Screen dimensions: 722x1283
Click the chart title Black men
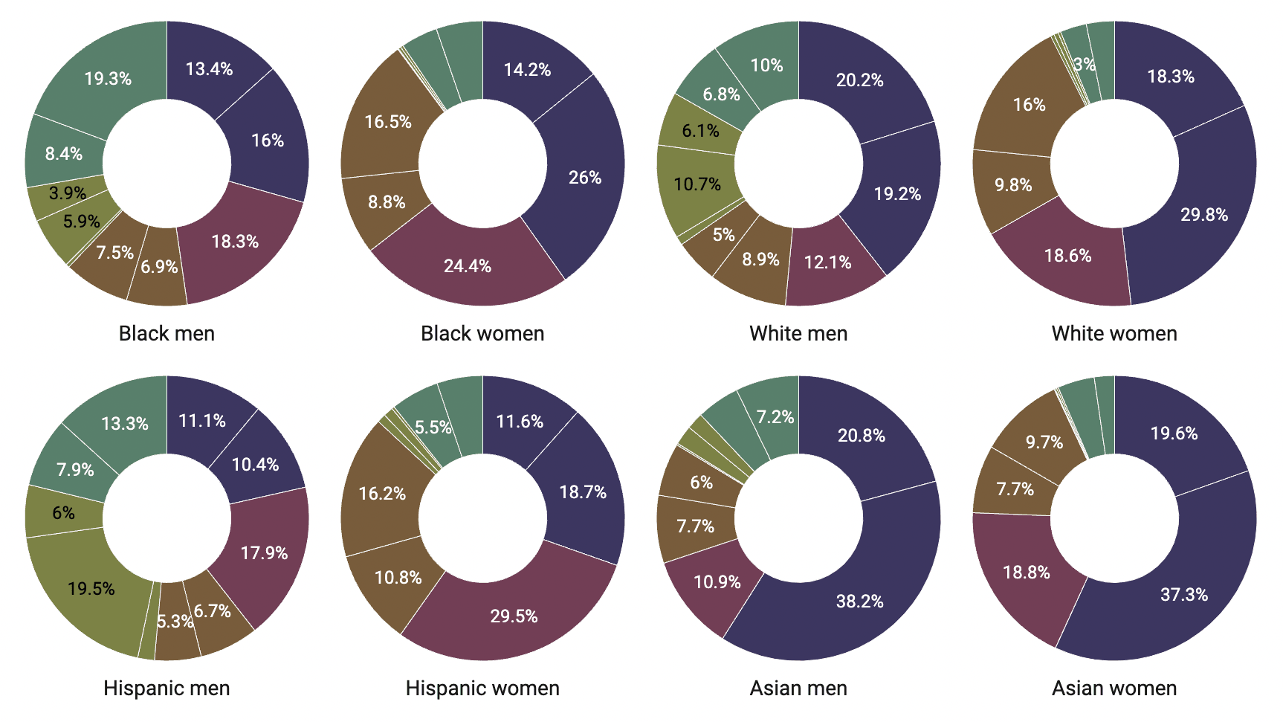click(x=167, y=333)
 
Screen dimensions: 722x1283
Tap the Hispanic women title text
click(x=482, y=688)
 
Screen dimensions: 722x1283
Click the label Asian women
click(x=1114, y=688)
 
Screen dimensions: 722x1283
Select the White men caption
click(x=798, y=333)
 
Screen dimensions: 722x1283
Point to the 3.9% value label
click(x=68, y=193)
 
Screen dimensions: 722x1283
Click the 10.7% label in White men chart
click(x=697, y=184)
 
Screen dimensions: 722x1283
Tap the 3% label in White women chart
click(x=1085, y=64)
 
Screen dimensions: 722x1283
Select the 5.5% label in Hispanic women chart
click(x=433, y=427)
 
